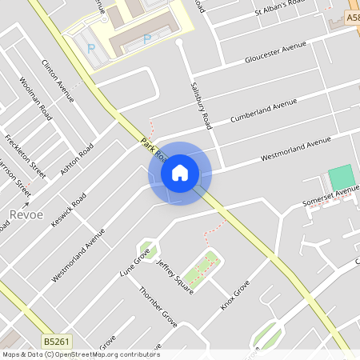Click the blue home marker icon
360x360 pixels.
coord(180,172)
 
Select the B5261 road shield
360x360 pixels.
coord(56,342)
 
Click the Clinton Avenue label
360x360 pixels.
coord(58,80)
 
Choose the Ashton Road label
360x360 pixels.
coord(77,159)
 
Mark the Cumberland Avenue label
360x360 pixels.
coord(263,111)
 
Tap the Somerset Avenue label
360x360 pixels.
coord(330,197)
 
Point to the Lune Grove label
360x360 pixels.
coord(134,262)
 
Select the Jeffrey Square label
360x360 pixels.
coord(174,277)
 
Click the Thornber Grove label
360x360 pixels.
coord(158,306)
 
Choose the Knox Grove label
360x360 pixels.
coord(236,295)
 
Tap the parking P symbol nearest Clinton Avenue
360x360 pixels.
coord(90,48)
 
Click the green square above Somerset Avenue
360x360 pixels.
coord(341,177)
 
